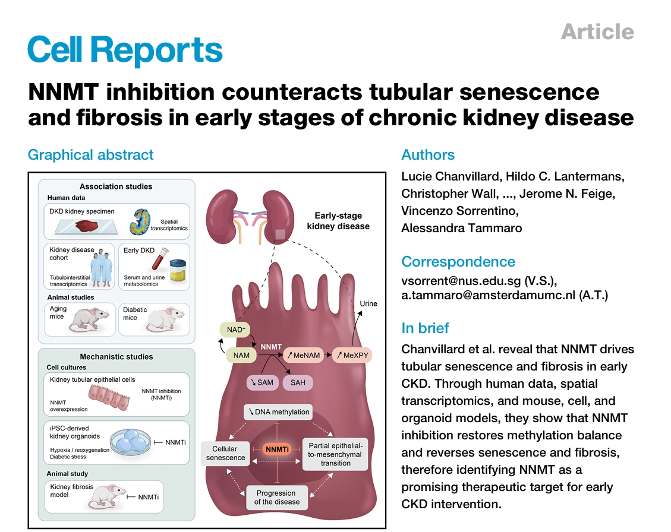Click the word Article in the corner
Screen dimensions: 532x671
tap(597, 31)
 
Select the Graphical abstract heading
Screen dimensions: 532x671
tap(90, 155)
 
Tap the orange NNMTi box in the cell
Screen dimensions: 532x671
tap(277, 449)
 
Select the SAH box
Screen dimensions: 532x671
tap(298, 382)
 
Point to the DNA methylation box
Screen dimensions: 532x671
tap(278, 412)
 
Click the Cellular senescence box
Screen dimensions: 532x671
tap(225, 453)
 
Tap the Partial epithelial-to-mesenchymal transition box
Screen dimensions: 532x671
tap(336, 454)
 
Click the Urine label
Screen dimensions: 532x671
tap(368, 303)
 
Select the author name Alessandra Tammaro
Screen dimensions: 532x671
tap(461, 227)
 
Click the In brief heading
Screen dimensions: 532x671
tap(425, 328)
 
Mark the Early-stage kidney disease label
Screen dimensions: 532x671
tap(339, 221)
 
